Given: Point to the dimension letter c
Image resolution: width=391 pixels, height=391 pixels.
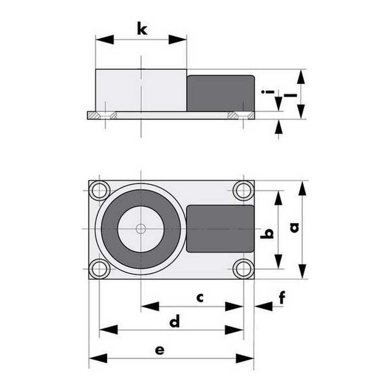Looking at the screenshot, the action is pyautogui.click(x=200, y=298).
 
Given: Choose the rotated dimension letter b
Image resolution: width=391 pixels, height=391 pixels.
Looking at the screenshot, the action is pyautogui.click(x=267, y=234).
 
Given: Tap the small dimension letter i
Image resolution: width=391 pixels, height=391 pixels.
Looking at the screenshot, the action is pyautogui.click(x=268, y=92).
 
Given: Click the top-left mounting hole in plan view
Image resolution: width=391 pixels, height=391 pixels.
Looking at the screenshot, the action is pyautogui.click(x=99, y=191).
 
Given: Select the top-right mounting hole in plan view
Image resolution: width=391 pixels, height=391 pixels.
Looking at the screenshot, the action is pyautogui.click(x=243, y=191).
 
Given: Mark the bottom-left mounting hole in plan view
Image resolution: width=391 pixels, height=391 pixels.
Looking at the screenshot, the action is pyautogui.click(x=99, y=269).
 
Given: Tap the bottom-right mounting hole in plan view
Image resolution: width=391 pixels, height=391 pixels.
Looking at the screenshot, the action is pyautogui.click(x=243, y=269).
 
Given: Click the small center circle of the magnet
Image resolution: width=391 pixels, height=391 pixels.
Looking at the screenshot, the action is pyautogui.click(x=141, y=229).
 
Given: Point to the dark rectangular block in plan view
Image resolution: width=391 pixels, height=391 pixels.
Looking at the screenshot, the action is pyautogui.click(x=220, y=229).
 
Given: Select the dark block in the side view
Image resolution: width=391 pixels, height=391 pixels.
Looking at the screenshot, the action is pyautogui.click(x=221, y=93).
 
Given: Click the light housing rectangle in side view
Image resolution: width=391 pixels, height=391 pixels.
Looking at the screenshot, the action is pyautogui.click(x=141, y=90).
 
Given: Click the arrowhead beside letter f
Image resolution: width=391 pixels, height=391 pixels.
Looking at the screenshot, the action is pyautogui.click(x=264, y=306).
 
